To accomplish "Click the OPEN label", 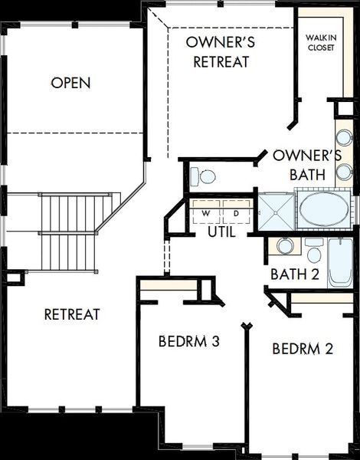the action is (x=70, y=83).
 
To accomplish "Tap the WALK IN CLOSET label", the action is (x=321, y=43).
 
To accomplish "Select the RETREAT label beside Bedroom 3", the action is (x=72, y=314).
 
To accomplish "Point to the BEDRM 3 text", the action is (x=188, y=341).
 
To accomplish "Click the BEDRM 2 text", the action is (x=303, y=349).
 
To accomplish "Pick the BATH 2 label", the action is (x=295, y=274).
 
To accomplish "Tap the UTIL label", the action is (x=221, y=232).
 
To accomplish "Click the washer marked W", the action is (x=206, y=212).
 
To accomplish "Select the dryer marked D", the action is (x=236, y=212).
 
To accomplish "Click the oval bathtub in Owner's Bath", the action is (x=324, y=209).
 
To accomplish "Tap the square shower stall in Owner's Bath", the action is (x=277, y=212).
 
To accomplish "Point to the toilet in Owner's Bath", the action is (x=203, y=176).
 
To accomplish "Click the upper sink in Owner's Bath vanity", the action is (x=344, y=137).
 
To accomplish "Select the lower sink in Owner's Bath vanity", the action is (x=344, y=172).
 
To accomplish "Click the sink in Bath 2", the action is (x=286, y=246).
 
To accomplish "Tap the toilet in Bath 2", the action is (x=314, y=251).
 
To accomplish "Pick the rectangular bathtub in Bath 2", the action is (x=340, y=263).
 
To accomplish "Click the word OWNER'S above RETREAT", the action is (x=221, y=42).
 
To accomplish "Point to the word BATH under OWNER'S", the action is (x=307, y=175).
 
